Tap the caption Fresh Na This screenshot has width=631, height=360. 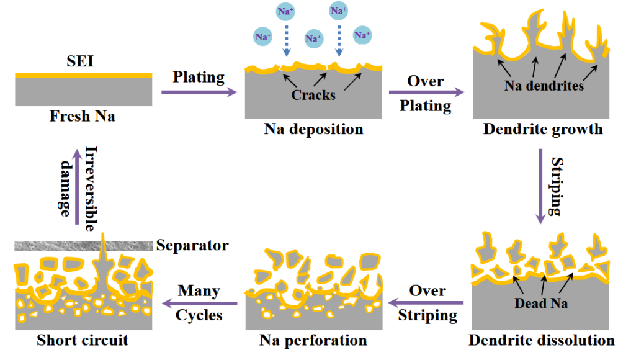point(83,116)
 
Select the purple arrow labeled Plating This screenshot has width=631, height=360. point(199,92)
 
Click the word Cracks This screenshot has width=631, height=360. point(313,95)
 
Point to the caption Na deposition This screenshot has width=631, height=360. point(313,130)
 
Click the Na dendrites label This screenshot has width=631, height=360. point(544,86)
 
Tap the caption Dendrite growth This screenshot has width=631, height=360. point(544,130)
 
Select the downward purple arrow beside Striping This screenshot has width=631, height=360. point(541,186)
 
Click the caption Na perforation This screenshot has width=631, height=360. point(313,341)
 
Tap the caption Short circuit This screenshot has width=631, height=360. point(83,341)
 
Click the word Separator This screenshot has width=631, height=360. point(192,245)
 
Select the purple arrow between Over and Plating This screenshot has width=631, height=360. point(427,93)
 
